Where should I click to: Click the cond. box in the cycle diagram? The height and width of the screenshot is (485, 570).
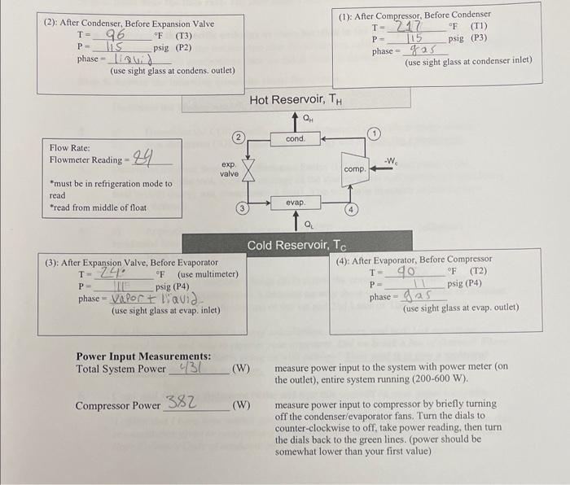point(296,139)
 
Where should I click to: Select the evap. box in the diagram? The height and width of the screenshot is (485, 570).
point(296,202)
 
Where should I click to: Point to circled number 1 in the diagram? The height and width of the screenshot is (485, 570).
point(374,133)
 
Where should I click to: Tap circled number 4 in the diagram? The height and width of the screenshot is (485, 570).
point(352,208)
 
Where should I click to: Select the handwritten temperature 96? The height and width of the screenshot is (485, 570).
point(113,36)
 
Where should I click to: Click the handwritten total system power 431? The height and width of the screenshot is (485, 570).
point(190,369)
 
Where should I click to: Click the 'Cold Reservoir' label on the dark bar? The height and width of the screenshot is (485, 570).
point(297,245)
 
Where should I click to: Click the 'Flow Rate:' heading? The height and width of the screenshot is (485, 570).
point(70,148)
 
